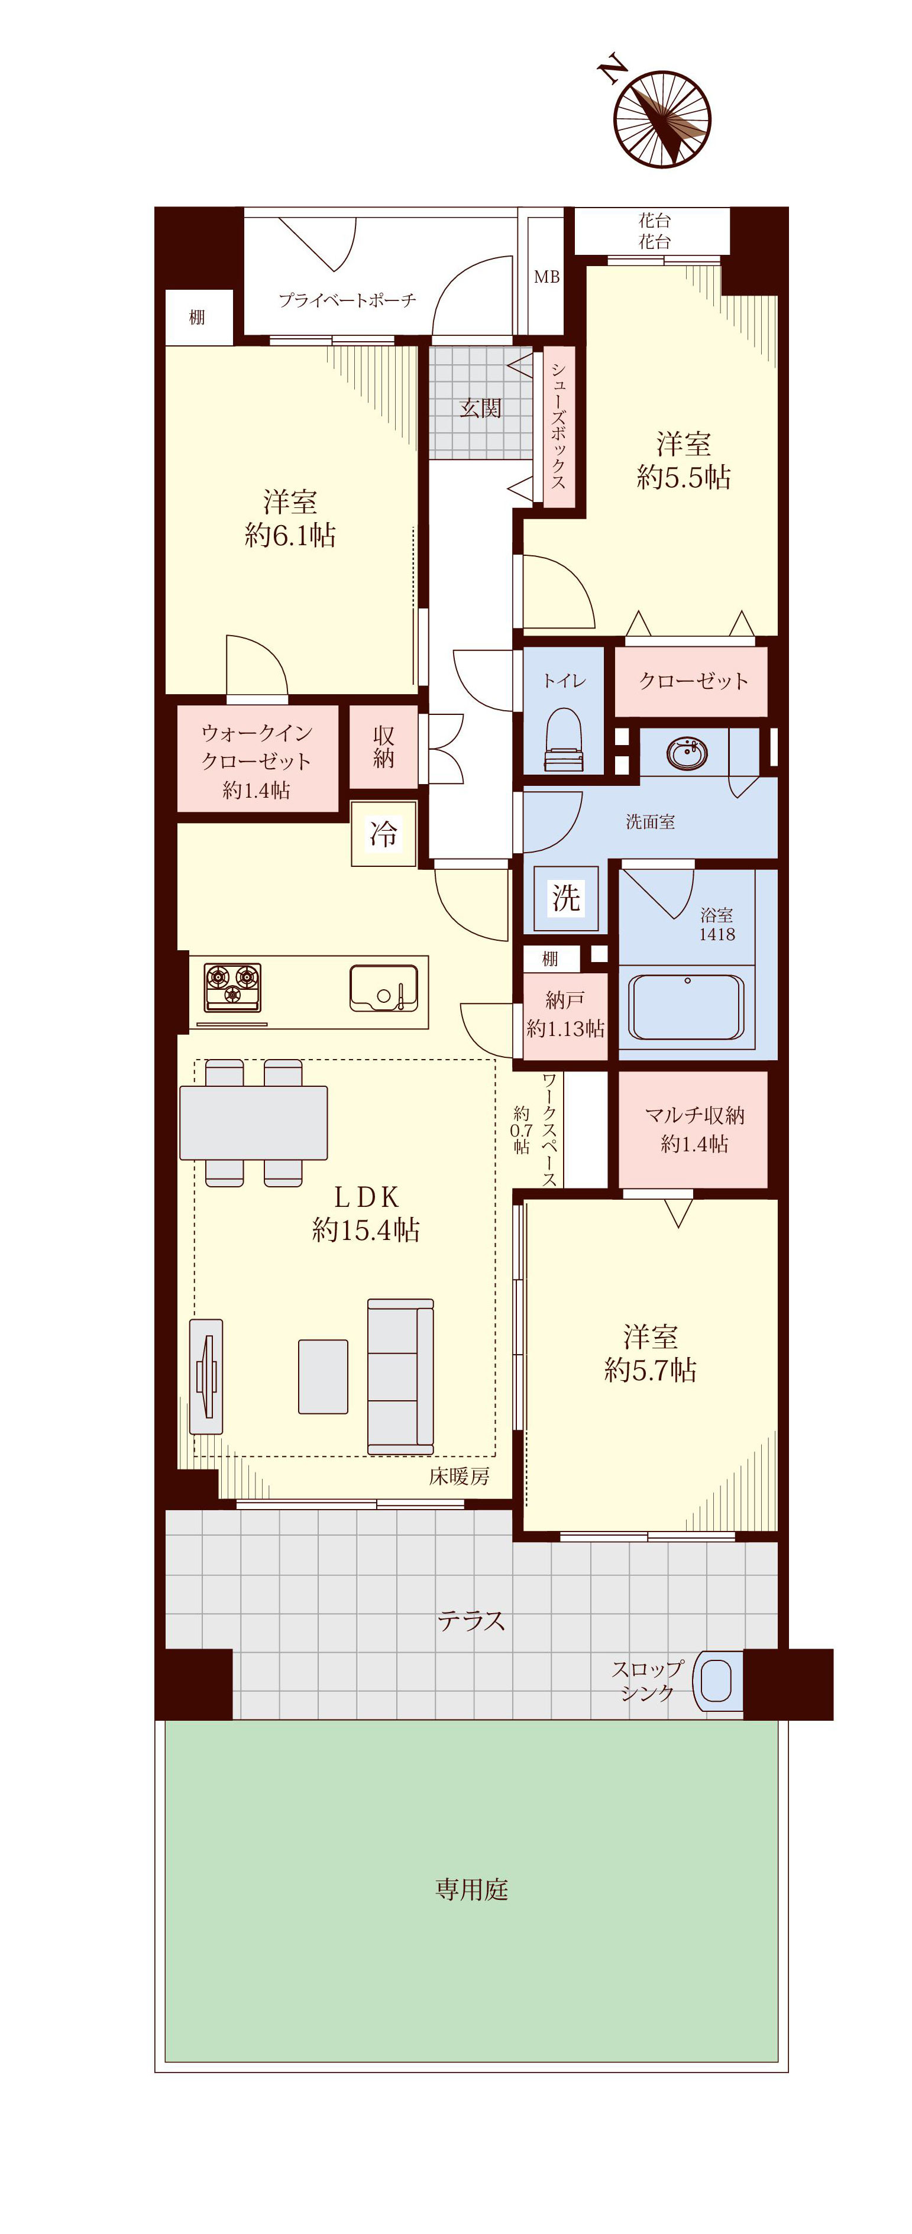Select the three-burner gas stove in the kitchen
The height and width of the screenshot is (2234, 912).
click(232, 987)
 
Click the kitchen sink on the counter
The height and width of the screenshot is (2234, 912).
click(383, 988)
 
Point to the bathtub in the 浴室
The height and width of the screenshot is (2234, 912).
click(685, 1007)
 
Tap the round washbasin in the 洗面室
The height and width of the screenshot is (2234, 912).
click(687, 752)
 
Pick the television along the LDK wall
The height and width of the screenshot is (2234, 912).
click(206, 1377)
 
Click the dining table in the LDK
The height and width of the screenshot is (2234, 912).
click(253, 1122)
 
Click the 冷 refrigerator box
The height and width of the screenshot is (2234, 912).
click(383, 833)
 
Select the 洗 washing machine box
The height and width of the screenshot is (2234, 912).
click(566, 898)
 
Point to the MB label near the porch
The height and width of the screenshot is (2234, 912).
click(546, 277)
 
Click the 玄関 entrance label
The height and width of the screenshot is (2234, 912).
click(480, 407)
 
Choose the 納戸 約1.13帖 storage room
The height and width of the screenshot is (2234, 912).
click(565, 1015)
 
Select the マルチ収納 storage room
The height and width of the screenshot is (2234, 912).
click(693, 1129)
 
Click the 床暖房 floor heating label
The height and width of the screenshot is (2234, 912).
click(459, 1476)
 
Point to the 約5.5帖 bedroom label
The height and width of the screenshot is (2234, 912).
click(684, 477)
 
